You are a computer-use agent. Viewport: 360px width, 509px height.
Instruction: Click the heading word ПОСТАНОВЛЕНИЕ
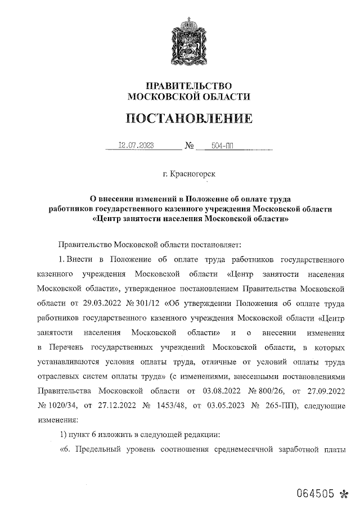point(188,119)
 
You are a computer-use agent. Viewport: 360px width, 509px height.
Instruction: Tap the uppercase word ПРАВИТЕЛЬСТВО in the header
point(188,85)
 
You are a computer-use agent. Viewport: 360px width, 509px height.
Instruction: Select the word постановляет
point(215,245)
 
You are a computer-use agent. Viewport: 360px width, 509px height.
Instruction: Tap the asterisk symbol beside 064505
point(345,494)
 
